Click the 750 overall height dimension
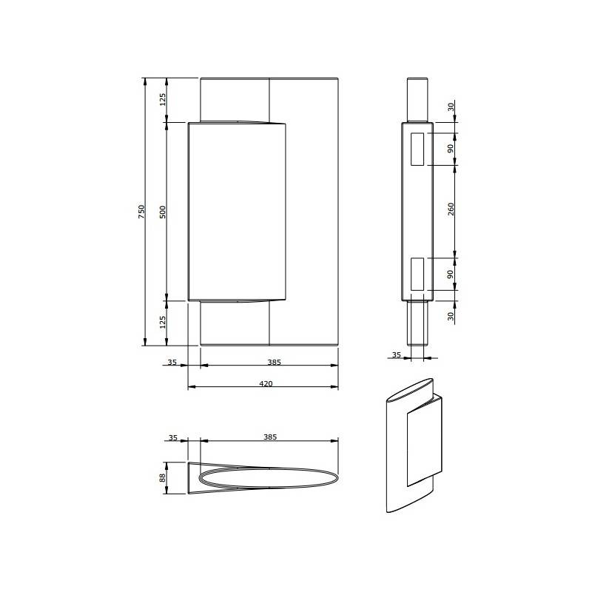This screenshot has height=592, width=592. tap(141, 212)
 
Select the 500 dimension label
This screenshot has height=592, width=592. tap(162, 212)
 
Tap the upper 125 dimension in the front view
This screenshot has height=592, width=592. tap(162, 100)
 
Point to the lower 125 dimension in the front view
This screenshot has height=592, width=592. tap(162, 322)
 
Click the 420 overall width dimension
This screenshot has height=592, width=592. tap(266, 383)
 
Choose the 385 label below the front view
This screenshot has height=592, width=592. tap(275, 362)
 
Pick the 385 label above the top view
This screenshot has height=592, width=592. tap(270, 437)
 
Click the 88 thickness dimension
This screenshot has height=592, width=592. tap(162, 477)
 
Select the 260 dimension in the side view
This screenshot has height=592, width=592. tap(451, 209)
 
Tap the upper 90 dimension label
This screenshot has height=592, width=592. tap(451, 149)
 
